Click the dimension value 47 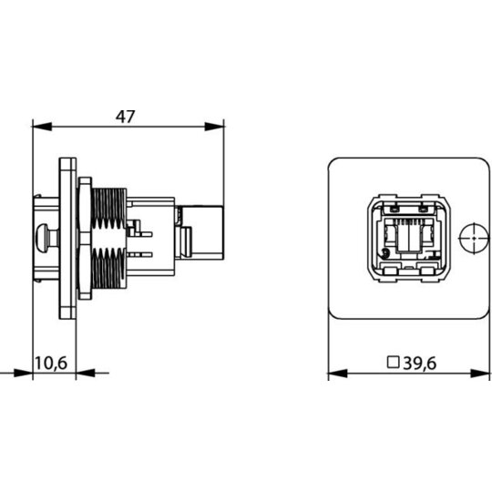tap(125, 117)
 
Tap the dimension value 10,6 tap(51, 363)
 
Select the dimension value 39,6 tap(420, 364)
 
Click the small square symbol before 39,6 tap(393, 362)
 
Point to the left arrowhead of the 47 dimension tap(42, 127)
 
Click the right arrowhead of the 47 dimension tap(215, 127)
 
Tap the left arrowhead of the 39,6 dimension tap(338, 374)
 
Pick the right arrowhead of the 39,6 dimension tap(480, 374)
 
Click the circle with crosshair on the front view tap(474, 238)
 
